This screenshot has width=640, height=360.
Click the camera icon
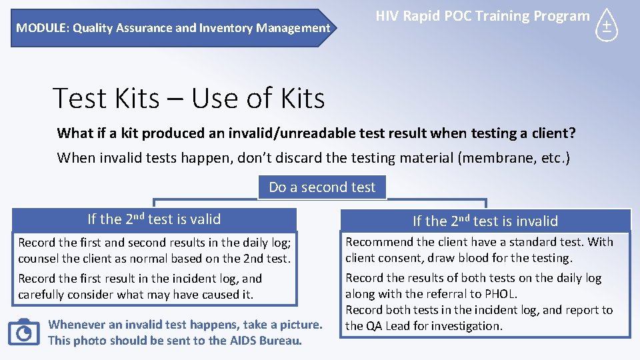click(x=24, y=331)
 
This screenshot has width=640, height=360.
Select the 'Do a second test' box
click(x=322, y=187)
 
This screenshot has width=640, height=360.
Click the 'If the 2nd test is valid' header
click(x=154, y=219)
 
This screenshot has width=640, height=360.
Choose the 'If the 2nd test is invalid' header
click(x=485, y=221)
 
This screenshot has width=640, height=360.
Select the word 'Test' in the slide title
click(x=79, y=99)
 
